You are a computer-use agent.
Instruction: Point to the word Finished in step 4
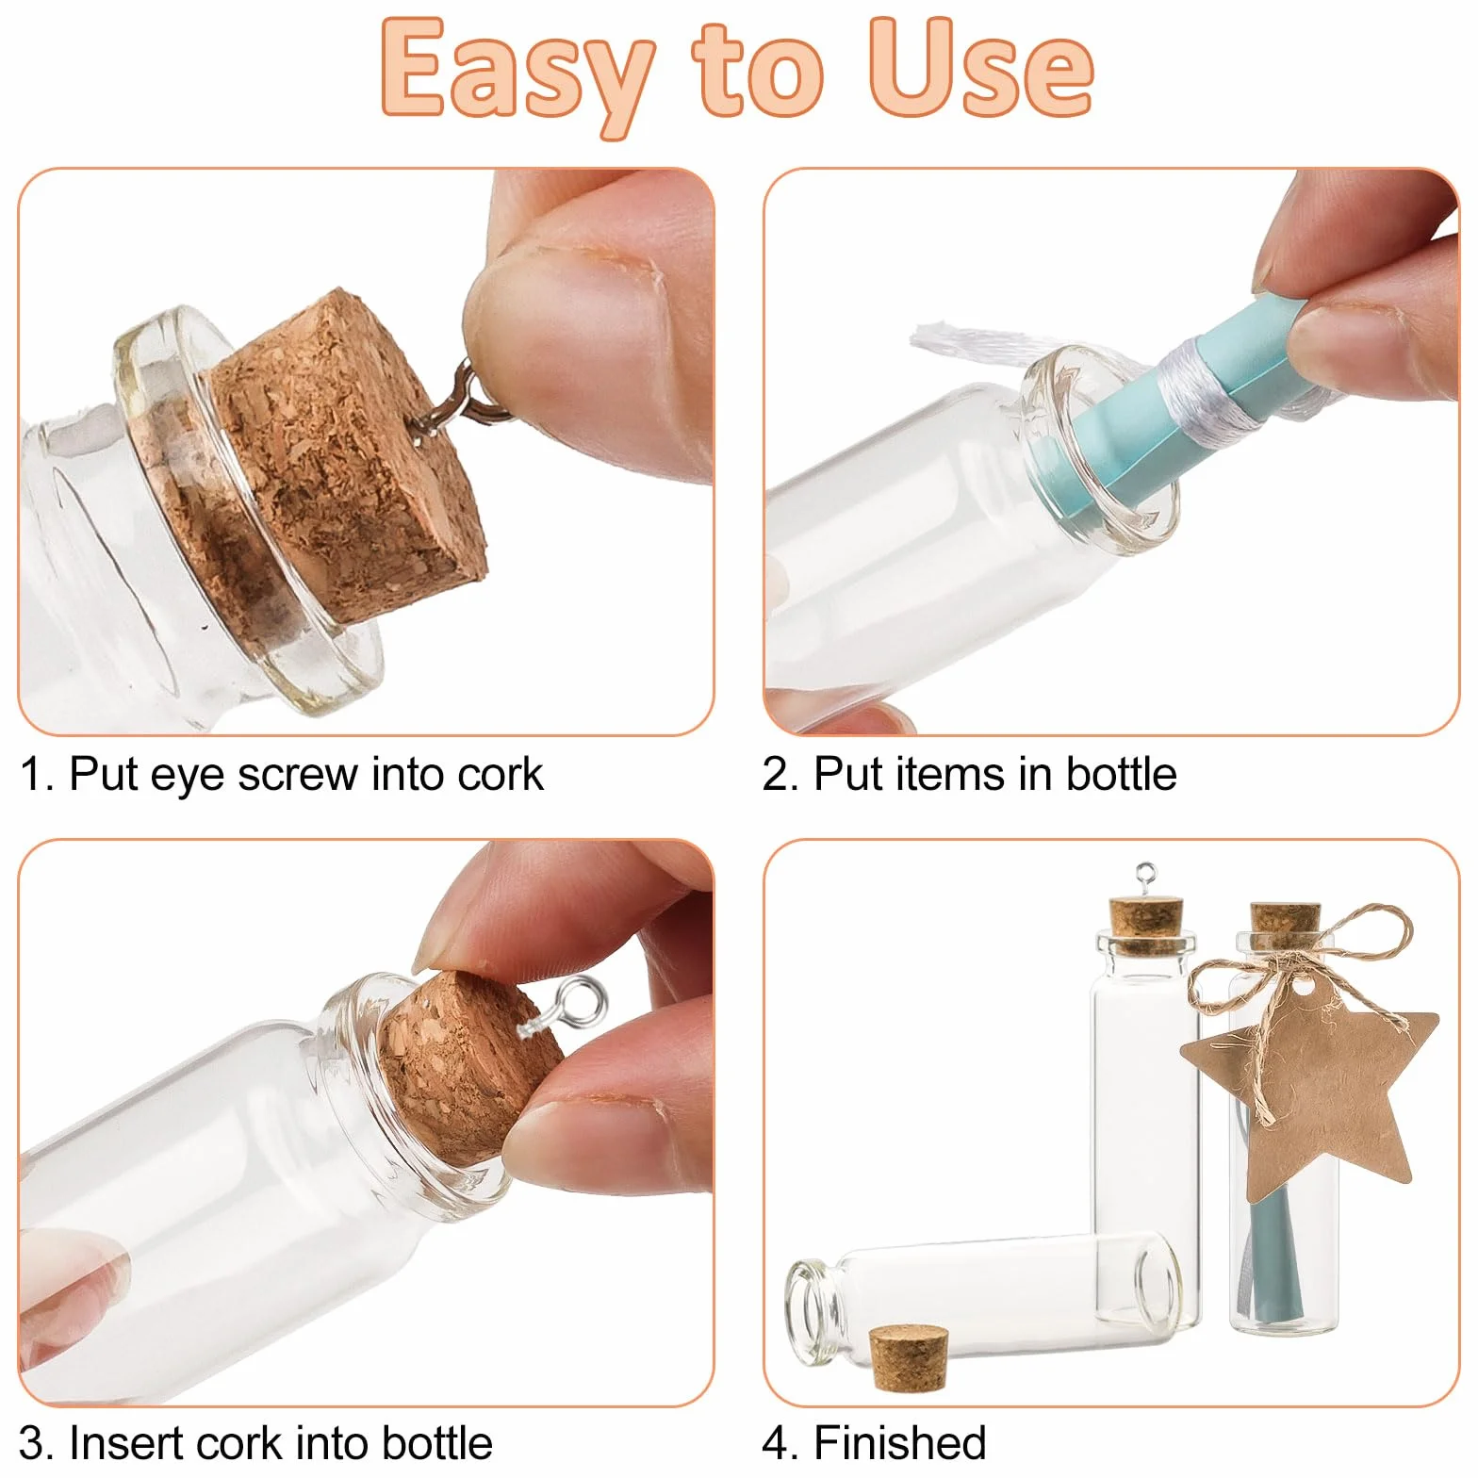pyautogui.click(x=900, y=1443)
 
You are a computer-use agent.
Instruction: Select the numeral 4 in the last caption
pyautogui.click(x=778, y=1443)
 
